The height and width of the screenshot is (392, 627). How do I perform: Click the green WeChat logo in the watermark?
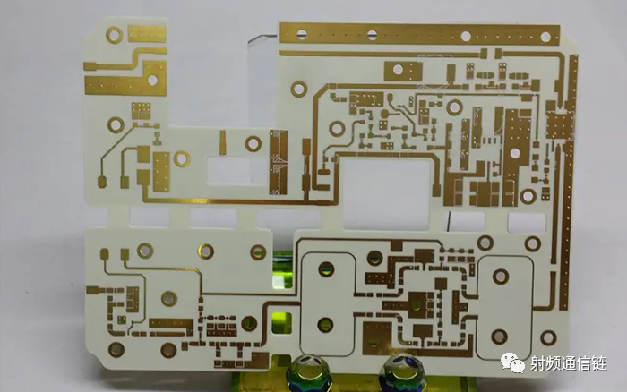513,362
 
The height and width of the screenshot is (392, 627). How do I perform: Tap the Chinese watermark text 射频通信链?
569,363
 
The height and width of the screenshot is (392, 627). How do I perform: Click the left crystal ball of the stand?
306,372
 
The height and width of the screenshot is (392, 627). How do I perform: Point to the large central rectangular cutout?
386,194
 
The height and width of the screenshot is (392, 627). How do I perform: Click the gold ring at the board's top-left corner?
115,35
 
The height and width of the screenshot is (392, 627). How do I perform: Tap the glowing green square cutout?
281,323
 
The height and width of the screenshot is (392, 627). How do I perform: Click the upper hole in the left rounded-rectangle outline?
327,269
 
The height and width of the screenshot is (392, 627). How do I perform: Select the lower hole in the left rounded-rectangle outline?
325,325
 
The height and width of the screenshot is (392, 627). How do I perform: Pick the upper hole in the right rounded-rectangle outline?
501,277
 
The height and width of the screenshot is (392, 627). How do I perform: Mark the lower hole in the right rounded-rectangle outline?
499,337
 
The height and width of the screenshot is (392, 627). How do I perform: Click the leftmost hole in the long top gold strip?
302,34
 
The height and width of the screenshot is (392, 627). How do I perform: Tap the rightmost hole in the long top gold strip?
545,37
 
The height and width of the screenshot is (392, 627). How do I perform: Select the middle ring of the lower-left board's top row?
205,251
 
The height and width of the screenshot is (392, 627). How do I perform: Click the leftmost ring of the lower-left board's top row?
145,251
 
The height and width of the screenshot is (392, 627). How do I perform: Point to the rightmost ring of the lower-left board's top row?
258,252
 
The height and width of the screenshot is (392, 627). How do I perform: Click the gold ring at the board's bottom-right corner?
548,337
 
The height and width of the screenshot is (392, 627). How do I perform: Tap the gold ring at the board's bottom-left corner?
116,349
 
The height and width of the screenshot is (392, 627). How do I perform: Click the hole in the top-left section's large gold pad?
152,81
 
